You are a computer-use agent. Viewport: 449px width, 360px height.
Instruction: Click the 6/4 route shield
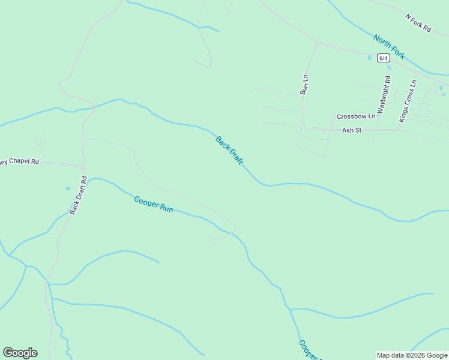click(x=384, y=58)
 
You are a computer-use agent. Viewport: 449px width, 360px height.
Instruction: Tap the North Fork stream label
click(x=389, y=47)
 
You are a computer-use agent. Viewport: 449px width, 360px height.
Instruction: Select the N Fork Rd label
click(x=418, y=23)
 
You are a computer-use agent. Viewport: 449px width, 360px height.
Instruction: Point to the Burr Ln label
click(x=304, y=85)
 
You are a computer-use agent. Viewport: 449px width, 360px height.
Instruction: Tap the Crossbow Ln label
click(x=356, y=116)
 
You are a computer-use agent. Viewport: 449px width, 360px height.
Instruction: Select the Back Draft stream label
click(x=229, y=152)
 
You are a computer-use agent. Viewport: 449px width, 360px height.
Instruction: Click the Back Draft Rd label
click(x=78, y=195)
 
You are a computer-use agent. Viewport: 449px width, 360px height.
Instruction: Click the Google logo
click(x=20, y=353)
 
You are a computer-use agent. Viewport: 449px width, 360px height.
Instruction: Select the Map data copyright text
click(x=412, y=355)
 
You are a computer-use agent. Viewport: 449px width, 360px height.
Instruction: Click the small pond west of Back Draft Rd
click(x=67, y=188)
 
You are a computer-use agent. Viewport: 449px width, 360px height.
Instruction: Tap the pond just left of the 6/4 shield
click(x=370, y=58)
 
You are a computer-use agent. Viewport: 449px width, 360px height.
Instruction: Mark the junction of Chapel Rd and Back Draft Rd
click(x=83, y=166)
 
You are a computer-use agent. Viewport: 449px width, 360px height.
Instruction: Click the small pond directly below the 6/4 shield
click(x=388, y=68)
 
